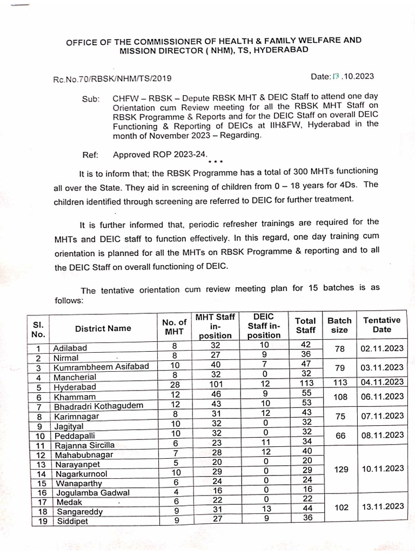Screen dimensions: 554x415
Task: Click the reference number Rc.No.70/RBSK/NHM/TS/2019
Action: tap(112, 78)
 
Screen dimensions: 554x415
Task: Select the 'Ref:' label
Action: tap(90, 155)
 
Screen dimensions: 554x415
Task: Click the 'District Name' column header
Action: tap(103, 328)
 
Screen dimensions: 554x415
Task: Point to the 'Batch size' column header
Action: tap(339, 325)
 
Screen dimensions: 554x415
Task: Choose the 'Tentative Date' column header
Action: tap(381, 325)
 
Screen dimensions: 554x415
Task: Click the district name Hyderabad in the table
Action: tap(75, 387)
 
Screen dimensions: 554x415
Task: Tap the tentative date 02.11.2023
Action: tap(381, 349)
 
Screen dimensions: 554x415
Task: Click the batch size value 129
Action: tap(340, 469)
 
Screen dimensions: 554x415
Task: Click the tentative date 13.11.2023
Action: tap(381, 506)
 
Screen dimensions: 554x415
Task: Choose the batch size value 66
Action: tap(339, 435)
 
